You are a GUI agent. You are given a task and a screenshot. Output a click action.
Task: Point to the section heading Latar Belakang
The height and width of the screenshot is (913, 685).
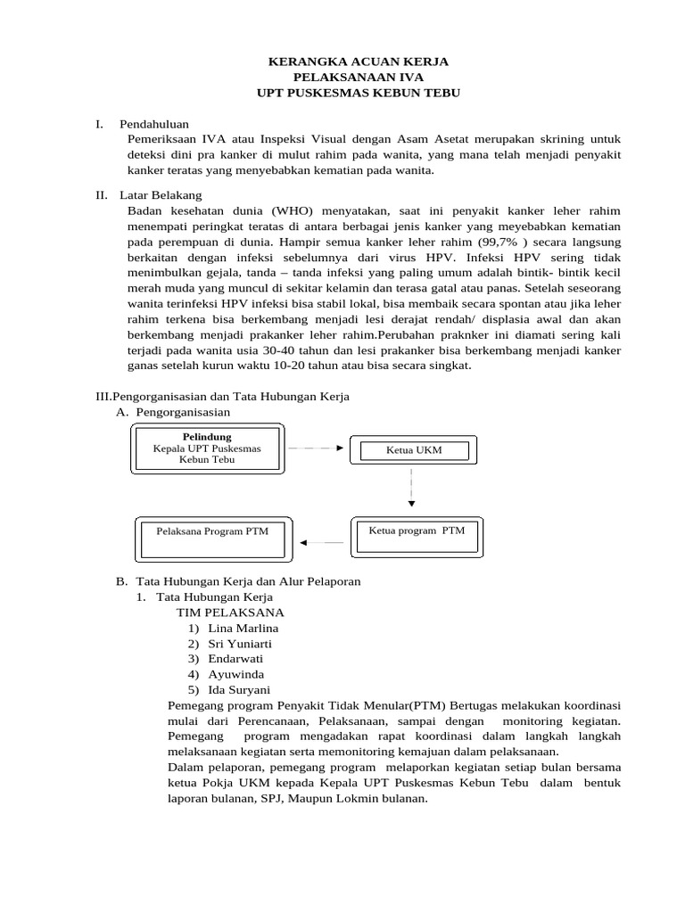(165, 194)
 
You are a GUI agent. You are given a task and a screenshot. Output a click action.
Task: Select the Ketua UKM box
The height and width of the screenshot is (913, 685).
(414, 450)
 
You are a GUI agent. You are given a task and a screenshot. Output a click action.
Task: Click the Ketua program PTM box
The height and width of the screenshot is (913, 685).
(417, 531)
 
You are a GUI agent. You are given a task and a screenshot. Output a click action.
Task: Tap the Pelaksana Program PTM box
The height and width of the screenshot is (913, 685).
(211, 531)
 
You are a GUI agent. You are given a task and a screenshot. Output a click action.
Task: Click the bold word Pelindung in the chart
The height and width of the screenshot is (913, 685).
(207, 437)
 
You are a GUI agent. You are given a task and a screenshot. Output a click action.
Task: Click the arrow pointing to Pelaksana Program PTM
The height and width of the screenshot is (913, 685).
(322, 542)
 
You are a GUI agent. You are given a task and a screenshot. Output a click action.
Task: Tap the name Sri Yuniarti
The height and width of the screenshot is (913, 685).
(240, 643)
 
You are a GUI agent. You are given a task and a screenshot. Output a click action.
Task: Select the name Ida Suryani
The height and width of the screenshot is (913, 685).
(239, 689)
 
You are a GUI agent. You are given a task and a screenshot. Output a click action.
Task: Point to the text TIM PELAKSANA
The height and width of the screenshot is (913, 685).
(230, 613)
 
